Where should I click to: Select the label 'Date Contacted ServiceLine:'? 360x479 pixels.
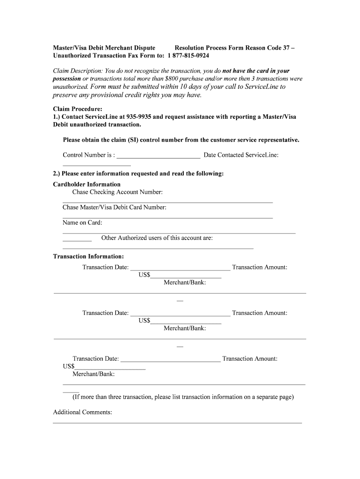(x=241, y=155)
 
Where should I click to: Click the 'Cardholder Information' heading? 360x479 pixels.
(x=86, y=184)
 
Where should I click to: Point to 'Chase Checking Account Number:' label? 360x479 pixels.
(x=117, y=192)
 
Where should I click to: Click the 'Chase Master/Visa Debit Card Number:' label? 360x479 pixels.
(x=115, y=207)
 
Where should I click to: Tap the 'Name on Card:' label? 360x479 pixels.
(x=82, y=223)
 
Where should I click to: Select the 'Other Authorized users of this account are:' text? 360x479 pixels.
(x=157, y=238)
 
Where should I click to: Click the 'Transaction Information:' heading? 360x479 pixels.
(x=88, y=256)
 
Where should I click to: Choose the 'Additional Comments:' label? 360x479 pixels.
(x=82, y=412)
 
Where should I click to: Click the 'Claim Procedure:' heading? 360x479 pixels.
(x=78, y=109)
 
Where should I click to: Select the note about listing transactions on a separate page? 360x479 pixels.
(x=183, y=397)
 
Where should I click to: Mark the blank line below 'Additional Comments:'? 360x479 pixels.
(x=177, y=422)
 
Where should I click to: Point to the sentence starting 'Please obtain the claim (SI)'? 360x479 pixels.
(x=181, y=140)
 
